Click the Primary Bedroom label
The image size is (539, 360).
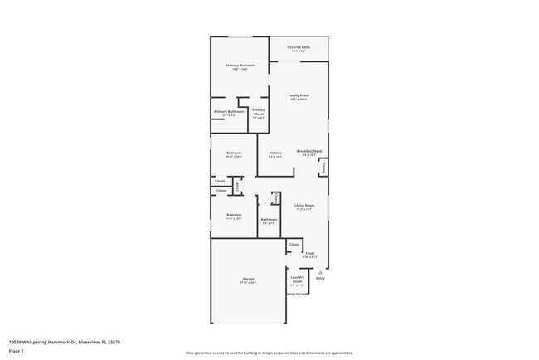pos(240,65)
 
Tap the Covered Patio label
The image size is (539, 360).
pos(299,48)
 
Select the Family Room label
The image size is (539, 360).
pos(299,95)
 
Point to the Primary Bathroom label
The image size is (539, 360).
pos(228,111)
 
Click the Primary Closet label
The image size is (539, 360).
pos(259,111)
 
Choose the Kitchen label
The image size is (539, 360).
pos(275,153)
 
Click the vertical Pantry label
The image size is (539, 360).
pos(324,168)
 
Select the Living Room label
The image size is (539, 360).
pos(304,205)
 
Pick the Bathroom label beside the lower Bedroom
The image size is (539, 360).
pos(269,219)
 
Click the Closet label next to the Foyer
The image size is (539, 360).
pos(294,245)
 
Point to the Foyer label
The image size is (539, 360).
pos(309,253)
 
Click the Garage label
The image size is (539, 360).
pos(248,278)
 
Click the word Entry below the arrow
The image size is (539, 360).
pos(320,278)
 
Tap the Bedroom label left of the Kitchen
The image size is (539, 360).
pos(234,153)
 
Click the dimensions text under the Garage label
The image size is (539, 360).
pos(248,283)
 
